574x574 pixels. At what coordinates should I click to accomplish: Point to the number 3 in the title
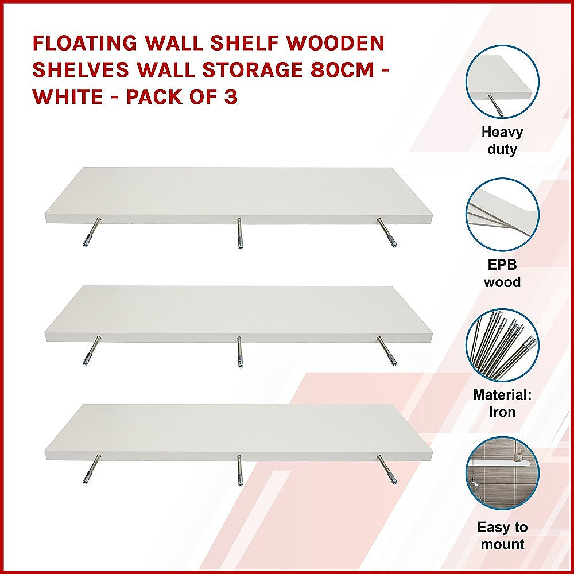(x=230, y=96)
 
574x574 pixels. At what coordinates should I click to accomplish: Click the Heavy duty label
(x=502, y=141)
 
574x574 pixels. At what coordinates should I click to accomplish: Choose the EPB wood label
(x=502, y=274)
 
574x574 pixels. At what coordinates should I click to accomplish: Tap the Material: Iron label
(x=502, y=404)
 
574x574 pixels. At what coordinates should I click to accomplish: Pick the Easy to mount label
(x=502, y=536)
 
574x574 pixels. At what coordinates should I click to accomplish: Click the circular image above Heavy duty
(x=502, y=82)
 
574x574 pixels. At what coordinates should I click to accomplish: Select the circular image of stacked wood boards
(x=502, y=214)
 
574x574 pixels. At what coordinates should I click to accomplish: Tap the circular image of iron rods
(x=502, y=345)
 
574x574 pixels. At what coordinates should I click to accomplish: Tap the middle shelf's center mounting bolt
(x=239, y=352)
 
